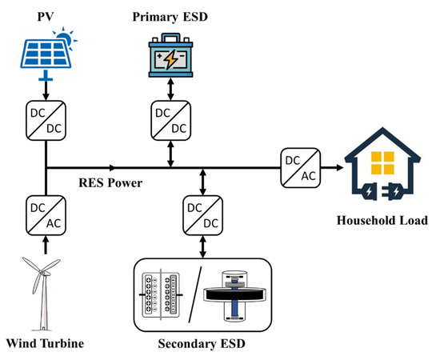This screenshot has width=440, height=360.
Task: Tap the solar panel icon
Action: click(45, 50)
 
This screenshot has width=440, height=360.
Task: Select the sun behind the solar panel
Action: click(65, 36)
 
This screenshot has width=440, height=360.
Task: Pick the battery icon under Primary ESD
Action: click(170, 54)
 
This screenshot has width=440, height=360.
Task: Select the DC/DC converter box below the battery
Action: click(170, 121)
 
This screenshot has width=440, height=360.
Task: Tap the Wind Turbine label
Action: click(45, 345)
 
